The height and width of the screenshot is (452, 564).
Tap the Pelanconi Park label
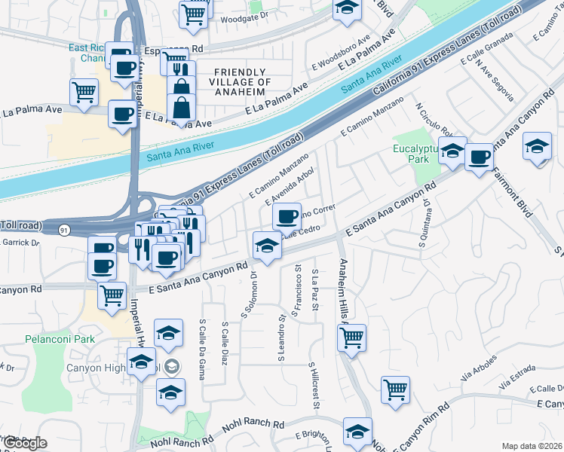click(59, 340)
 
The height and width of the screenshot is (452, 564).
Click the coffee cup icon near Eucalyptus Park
click(479, 157)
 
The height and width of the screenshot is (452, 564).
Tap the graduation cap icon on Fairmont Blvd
click(538, 145)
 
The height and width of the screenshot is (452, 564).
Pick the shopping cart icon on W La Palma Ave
click(84, 92)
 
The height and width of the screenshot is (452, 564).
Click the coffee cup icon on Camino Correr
click(286, 217)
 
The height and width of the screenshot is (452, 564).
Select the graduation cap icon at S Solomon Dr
click(266, 246)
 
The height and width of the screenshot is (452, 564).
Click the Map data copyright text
click(532, 446)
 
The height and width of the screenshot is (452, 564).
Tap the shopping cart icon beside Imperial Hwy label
click(112, 295)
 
